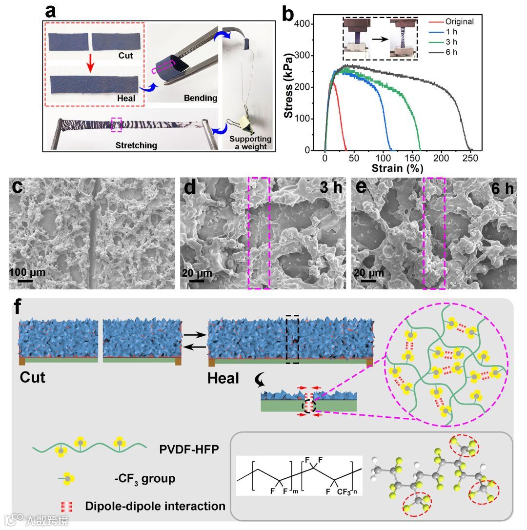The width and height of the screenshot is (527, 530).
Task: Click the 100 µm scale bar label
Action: pyautogui.click(x=28, y=272)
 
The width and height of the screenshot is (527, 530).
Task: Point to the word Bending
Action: pyautogui.click(x=200, y=98)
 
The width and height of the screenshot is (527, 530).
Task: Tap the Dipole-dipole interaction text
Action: pyautogui.click(x=155, y=506)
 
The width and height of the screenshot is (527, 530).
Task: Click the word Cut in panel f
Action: pyautogui.click(x=33, y=378)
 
